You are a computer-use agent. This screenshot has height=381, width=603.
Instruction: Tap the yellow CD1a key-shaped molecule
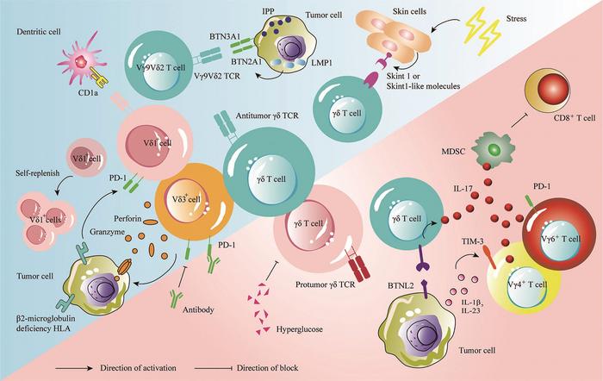tap(99, 76)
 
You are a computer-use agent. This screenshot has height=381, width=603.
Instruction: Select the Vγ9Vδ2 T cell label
tap(160, 67)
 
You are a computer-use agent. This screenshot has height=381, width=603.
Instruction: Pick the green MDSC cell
tap(493, 149)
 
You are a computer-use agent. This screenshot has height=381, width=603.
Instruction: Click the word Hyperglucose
tap(300, 329)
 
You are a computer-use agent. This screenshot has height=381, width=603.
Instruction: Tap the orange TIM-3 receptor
tap(489, 257)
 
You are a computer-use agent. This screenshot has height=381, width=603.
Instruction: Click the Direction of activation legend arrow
tap(74, 368)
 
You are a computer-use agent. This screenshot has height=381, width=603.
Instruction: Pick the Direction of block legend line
tap(214, 368)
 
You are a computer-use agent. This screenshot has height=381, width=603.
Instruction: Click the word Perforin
tap(127, 219)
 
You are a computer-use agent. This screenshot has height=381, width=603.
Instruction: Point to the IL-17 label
tap(463, 188)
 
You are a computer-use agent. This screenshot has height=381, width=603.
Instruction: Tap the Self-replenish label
tap(38, 173)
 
